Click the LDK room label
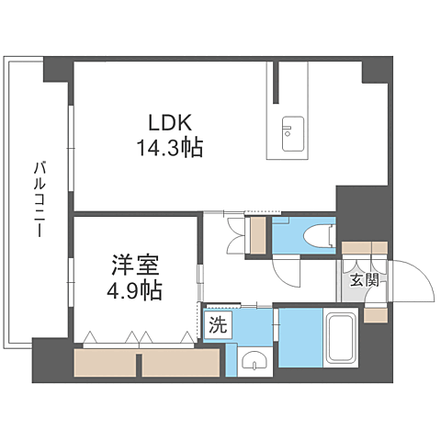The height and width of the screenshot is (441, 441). pyautogui.click(x=166, y=121)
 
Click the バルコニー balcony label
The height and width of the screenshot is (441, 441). pyautogui.click(x=40, y=198)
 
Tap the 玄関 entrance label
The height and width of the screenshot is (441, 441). pyautogui.click(x=363, y=280)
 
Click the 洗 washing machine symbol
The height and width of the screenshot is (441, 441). pyautogui.click(x=217, y=324)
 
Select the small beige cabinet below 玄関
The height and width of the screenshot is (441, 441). pyautogui.click(x=376, y=314)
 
